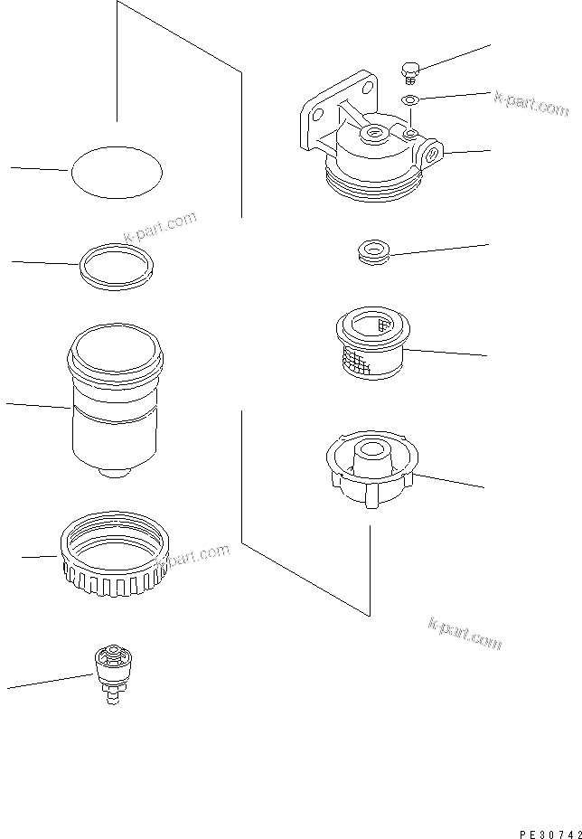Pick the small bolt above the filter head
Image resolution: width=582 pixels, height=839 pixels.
410,70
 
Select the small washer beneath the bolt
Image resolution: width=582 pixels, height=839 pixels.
409,99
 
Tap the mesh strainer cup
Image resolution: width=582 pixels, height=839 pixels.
371,344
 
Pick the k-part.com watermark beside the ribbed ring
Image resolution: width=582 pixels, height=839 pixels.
192,560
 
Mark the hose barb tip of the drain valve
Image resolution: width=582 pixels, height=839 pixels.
115,697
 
